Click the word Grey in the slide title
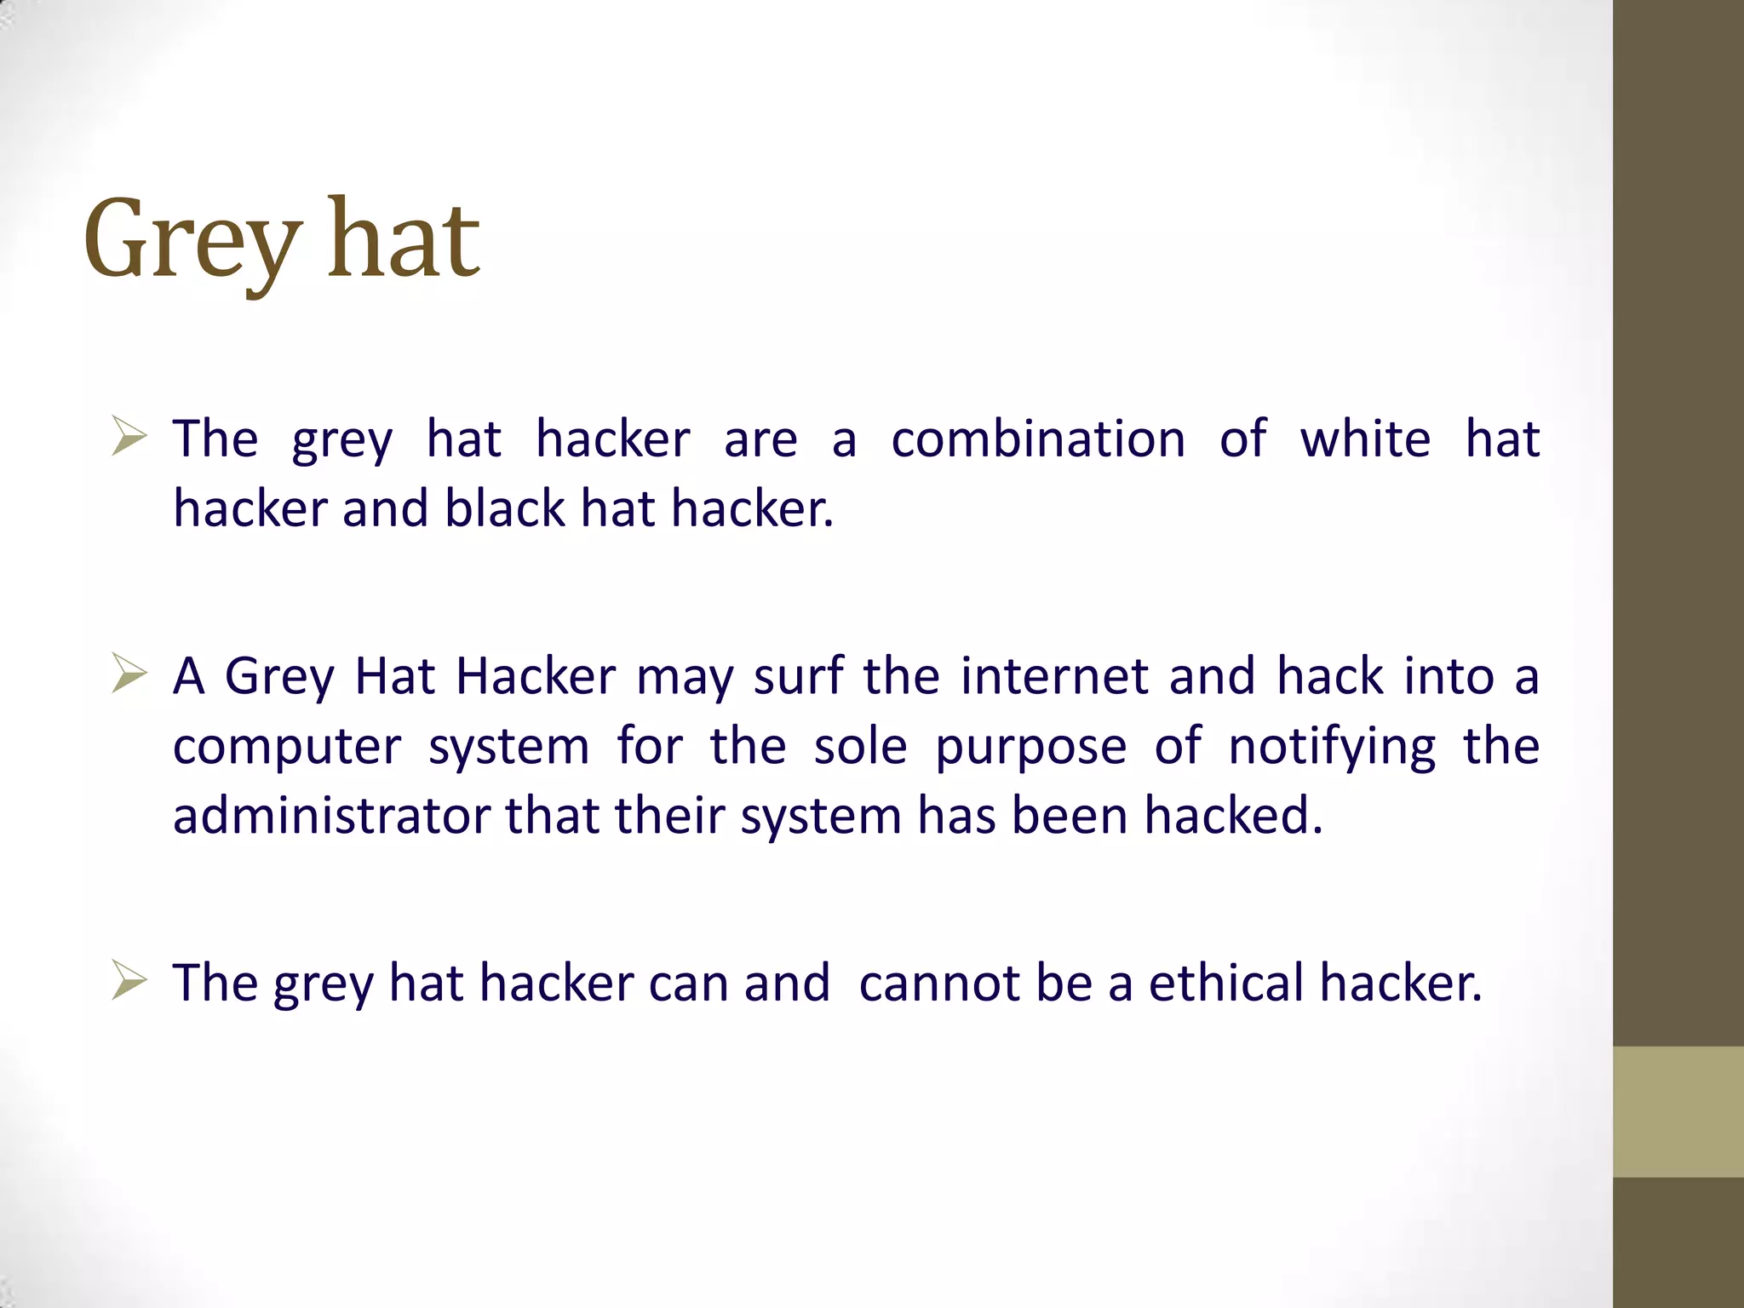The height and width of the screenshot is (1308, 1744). click(192, 240)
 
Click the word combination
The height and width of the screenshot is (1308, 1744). click(1037, 439)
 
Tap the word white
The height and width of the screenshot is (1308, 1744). click(1365, 439)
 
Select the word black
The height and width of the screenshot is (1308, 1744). click(505, 509)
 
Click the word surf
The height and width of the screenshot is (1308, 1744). click(798, 676)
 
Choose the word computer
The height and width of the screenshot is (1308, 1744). click(287, 748)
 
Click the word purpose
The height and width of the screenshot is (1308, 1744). click(1030, 748)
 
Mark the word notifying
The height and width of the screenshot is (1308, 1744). click(1332, 748)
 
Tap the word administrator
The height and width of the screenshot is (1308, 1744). click(332, 816)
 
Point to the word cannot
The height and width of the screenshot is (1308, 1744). click(939, 983)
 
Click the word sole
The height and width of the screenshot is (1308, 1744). click(860, 748)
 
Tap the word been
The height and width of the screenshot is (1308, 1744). click(1070, 816)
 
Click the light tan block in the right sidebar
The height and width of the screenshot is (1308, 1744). click(1678, 1111)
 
